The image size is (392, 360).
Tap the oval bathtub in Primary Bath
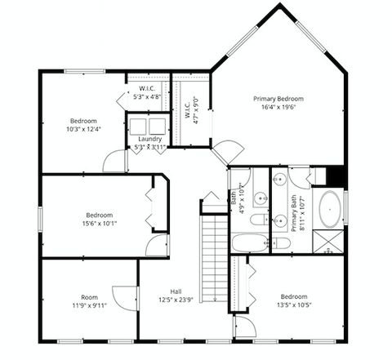tap(330, 209)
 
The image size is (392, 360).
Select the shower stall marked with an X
tap(330, 242)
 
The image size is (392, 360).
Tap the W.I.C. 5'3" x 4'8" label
tap(148, 91)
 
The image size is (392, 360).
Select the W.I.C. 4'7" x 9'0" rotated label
tap(189, 109)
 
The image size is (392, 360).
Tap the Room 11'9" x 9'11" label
tap(88, 301)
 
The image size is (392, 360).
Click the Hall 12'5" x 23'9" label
tap(176, 295)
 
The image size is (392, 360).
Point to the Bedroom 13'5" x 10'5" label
tap(293, 300)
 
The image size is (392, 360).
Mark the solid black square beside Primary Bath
tap(335, 176)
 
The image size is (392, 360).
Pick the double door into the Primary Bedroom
tap(228, 153)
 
